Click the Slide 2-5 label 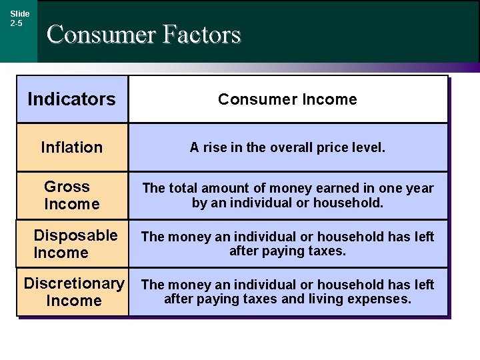[x=19, y=18]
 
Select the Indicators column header [x=71, y=99]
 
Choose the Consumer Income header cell [x=287, y=99]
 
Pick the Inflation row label [x=72, y=147]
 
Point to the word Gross [x=67, y=187]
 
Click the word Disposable [x=75, y=235]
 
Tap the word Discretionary [x=74, y=283]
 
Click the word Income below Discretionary [x=74, y=301]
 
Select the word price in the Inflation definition [x=337, y=147]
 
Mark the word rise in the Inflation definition [x=215, y=147]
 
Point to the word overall [x=291, y=147]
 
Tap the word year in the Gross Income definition [x=419, y=189]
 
